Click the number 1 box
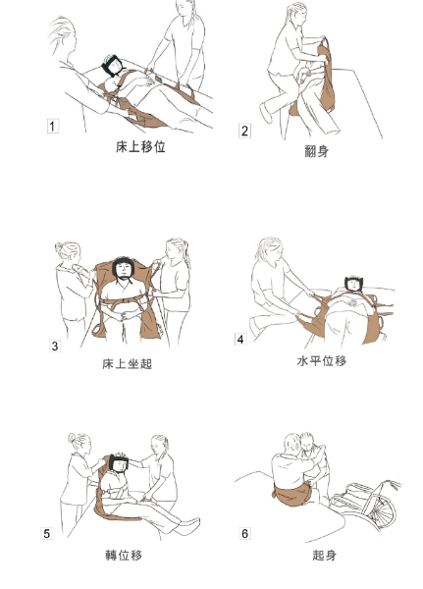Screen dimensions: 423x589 tap(53, 126)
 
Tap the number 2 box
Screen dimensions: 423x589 tap(244, 132)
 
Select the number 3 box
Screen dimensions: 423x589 tap(55, 346)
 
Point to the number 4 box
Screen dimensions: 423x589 tap(240, 340)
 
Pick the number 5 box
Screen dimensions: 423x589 tap(46, 533)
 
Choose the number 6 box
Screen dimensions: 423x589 tap(244, 533)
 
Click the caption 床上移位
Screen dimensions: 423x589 tap(140, 147)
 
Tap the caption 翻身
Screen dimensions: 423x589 tap(317, 151)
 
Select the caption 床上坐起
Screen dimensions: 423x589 tap(127, 363)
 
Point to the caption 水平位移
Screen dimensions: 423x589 tap(322, 360)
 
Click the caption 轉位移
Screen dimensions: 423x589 tap(124, 555)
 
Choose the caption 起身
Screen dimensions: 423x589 tap(324, 555)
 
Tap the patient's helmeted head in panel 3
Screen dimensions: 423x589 tap(124, 269)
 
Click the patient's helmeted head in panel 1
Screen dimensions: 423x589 tap(112, 66)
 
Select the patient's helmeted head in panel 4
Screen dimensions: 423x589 tap(353, 284)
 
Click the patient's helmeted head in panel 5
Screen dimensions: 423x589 tap(119, 464)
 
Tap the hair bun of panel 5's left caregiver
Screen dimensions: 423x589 tap(72, 438)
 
